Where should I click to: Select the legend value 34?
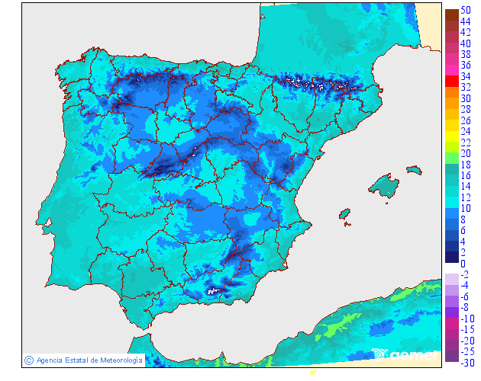(x=465, y=76)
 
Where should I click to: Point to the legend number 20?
(x=465, y=153)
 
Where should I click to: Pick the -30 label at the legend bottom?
(x=464, y=362)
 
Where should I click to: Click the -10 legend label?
(x=464, y=319)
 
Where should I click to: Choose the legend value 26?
(x=465, y=120)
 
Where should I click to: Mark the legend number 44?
(x=465, y=21)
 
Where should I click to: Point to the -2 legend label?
(x=464, y=274)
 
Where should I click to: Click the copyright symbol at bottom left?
(x=28, y=360)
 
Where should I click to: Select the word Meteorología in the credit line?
(x=116, y=360)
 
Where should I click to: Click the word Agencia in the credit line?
(x=51, y=360)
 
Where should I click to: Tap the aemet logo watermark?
(x=405, y=354)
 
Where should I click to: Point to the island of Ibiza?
(x=345, y=213)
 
